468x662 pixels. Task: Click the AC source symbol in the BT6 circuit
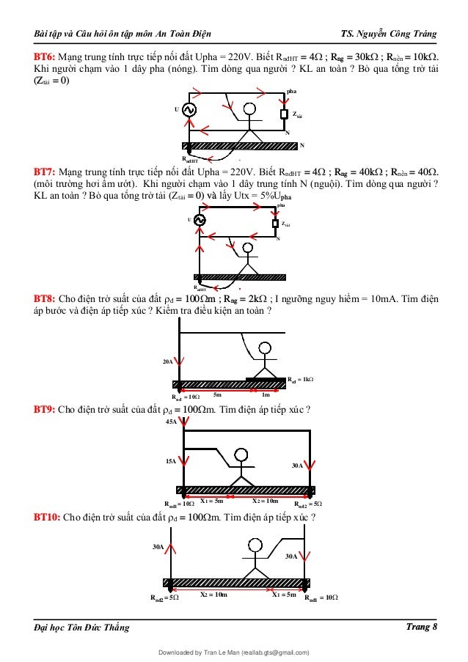point(188,110)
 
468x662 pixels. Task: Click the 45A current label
point(171,422)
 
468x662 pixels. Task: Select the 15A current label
point(170,461)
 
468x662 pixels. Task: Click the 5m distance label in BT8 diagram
point(219,394)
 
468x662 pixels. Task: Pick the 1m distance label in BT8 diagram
point(266,394)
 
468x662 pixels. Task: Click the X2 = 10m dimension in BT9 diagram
point(266,501)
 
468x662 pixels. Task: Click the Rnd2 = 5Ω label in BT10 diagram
point(164,597)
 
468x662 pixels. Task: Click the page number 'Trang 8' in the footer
point(422,626)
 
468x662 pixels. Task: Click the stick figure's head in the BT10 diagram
point(255,545)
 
